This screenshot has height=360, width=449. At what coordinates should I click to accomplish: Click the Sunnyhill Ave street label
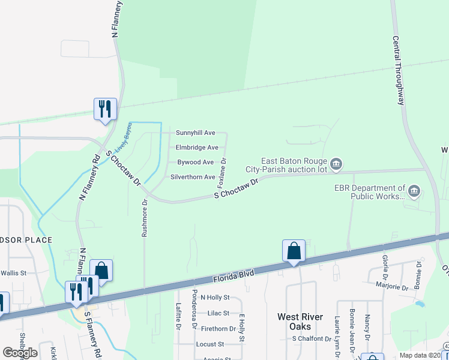(x=195, y=133)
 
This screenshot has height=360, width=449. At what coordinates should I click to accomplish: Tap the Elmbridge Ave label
(x=197, y=148)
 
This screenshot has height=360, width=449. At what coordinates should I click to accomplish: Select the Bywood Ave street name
(x=195, y=163)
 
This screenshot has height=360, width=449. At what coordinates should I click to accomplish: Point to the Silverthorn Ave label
(x=193, y=178)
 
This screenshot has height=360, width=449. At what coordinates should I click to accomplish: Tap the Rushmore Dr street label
(x=145, y=218)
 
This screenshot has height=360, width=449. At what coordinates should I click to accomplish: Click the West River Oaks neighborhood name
(x=300, y=321)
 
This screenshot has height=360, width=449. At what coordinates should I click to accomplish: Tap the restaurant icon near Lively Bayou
(x=106, y=109)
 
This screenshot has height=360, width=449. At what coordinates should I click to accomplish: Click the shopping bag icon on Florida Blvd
(x=294, y=251)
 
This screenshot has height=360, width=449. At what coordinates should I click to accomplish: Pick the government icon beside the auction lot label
(x=337, y=164)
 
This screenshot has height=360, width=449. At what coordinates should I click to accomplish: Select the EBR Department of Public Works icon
(x=415, y=191)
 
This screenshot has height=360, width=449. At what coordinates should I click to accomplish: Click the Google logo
(x=19, y=353)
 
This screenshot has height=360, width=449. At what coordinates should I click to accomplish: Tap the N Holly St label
(x=215, y=298)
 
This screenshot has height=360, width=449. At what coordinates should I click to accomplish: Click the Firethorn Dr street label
(x=218, y=329)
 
